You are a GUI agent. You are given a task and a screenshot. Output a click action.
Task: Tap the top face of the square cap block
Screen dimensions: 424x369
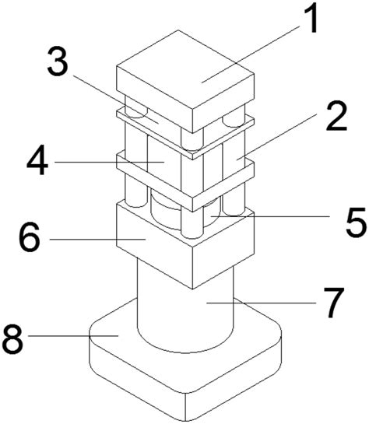[185, 78]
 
